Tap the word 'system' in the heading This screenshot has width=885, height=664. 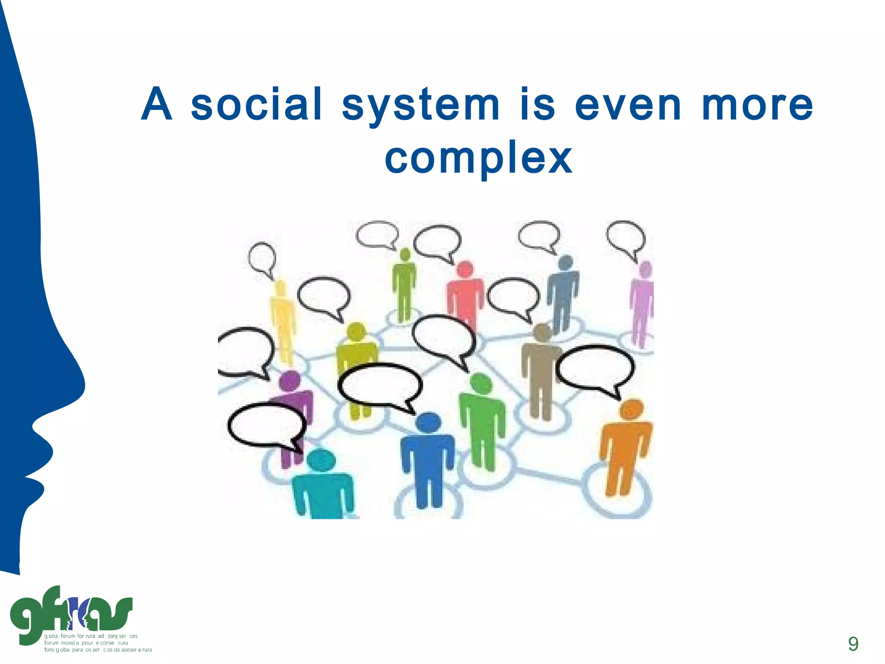point(420,106)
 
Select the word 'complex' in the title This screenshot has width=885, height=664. point(478,159)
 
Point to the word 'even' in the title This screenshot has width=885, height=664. point(628,106)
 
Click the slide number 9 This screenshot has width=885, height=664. point(853,644)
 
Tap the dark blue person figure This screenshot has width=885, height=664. point(428,458)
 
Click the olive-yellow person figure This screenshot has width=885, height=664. point(357,359)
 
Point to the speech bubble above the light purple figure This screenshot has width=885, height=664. point(625,238)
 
